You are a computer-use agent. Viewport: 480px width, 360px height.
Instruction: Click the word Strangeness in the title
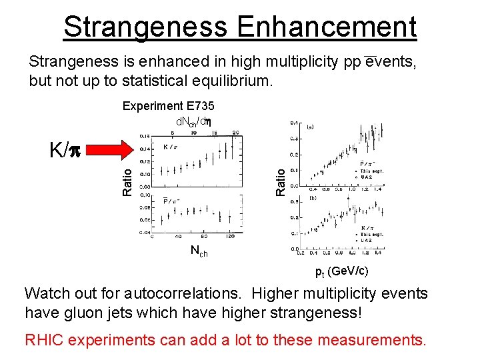tap(145, 27)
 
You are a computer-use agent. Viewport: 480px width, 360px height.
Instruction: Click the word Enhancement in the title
tap(326, 27)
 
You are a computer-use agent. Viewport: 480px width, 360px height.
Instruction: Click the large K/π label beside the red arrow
tap(66, 149)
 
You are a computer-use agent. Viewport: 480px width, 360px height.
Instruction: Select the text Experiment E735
tap(168, 106)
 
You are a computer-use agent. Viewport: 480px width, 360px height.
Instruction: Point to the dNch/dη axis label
tap(193, 121)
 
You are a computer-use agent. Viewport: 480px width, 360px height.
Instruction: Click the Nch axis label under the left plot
tap(199, 252)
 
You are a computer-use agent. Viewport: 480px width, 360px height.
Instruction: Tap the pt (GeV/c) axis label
tap(341, 271)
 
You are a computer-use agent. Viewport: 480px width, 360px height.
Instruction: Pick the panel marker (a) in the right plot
tap(311, 125)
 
